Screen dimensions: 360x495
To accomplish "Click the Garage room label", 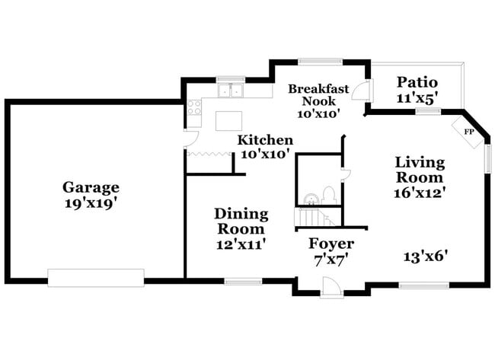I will point(91,187).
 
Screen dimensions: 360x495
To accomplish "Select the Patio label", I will point(417,82).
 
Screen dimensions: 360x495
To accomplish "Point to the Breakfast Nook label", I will point(318,95).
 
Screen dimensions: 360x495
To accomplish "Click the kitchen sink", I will point(229,91).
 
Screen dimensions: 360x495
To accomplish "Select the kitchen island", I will point(229,121).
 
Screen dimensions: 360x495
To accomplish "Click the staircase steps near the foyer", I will point(314,218).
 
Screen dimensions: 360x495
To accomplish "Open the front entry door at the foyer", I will point(332,287).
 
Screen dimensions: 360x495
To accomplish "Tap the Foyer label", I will point(331,244).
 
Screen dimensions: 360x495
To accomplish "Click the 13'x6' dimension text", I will point(425,256).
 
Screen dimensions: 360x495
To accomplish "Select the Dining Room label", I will point(240,221).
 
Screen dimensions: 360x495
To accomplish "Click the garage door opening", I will point(95,278).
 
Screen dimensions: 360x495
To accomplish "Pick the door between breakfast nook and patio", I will point(366,93).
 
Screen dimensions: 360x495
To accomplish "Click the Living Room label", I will point(420,169).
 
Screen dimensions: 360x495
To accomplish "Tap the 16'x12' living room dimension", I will point(420,193).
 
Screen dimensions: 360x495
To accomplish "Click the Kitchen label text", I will point(265,140).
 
